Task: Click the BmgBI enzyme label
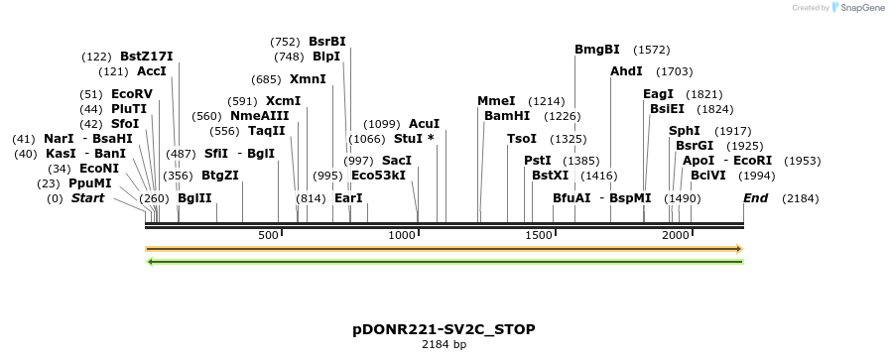(x=597, y=50)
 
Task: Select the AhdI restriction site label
(x=626, y=71)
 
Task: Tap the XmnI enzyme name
(x=308, y=79)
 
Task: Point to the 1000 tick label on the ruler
(x=402, y=235)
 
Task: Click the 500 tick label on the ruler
(x=268, y=235)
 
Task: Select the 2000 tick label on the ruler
(x=676, y=235)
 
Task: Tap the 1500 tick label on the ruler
(x=539, y=235)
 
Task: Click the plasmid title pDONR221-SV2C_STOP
(x=444, y=329)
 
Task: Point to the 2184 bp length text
(x=444, y=345)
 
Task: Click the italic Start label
(x=87, y=198)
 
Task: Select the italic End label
(x=756, y=198)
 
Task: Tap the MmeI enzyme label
(x=496, y=101)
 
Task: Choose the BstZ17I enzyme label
(x=147, y=57)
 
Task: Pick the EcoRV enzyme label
(x=132, y=94)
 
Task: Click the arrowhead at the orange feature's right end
(x=738, y=249)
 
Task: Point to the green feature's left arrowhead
(x=150, y=262)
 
